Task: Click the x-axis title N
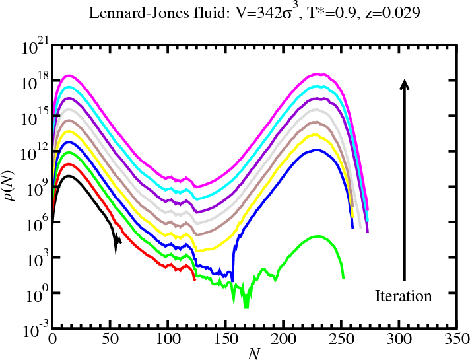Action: click(x=254, y=353)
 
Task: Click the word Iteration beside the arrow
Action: click(x=403, y=295)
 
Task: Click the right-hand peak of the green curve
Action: click(x=318, y=236)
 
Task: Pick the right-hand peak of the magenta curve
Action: click(x=319, y=75)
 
